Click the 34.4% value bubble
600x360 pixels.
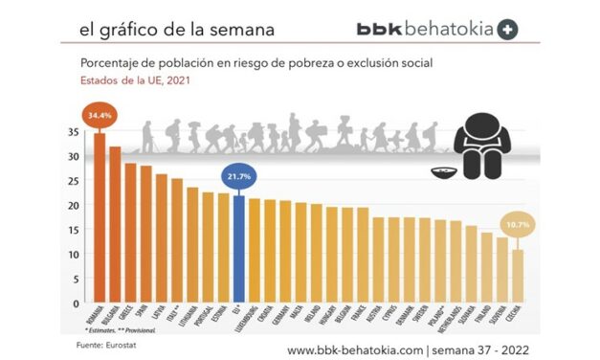tap(99, 116)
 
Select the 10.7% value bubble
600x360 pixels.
tap(518, 226)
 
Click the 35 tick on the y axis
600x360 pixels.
tap(75, 131)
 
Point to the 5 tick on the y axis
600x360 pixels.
tap(77, 279)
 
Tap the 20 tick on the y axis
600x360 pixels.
tap(75, 205)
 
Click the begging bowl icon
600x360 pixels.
tap(441, 173)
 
